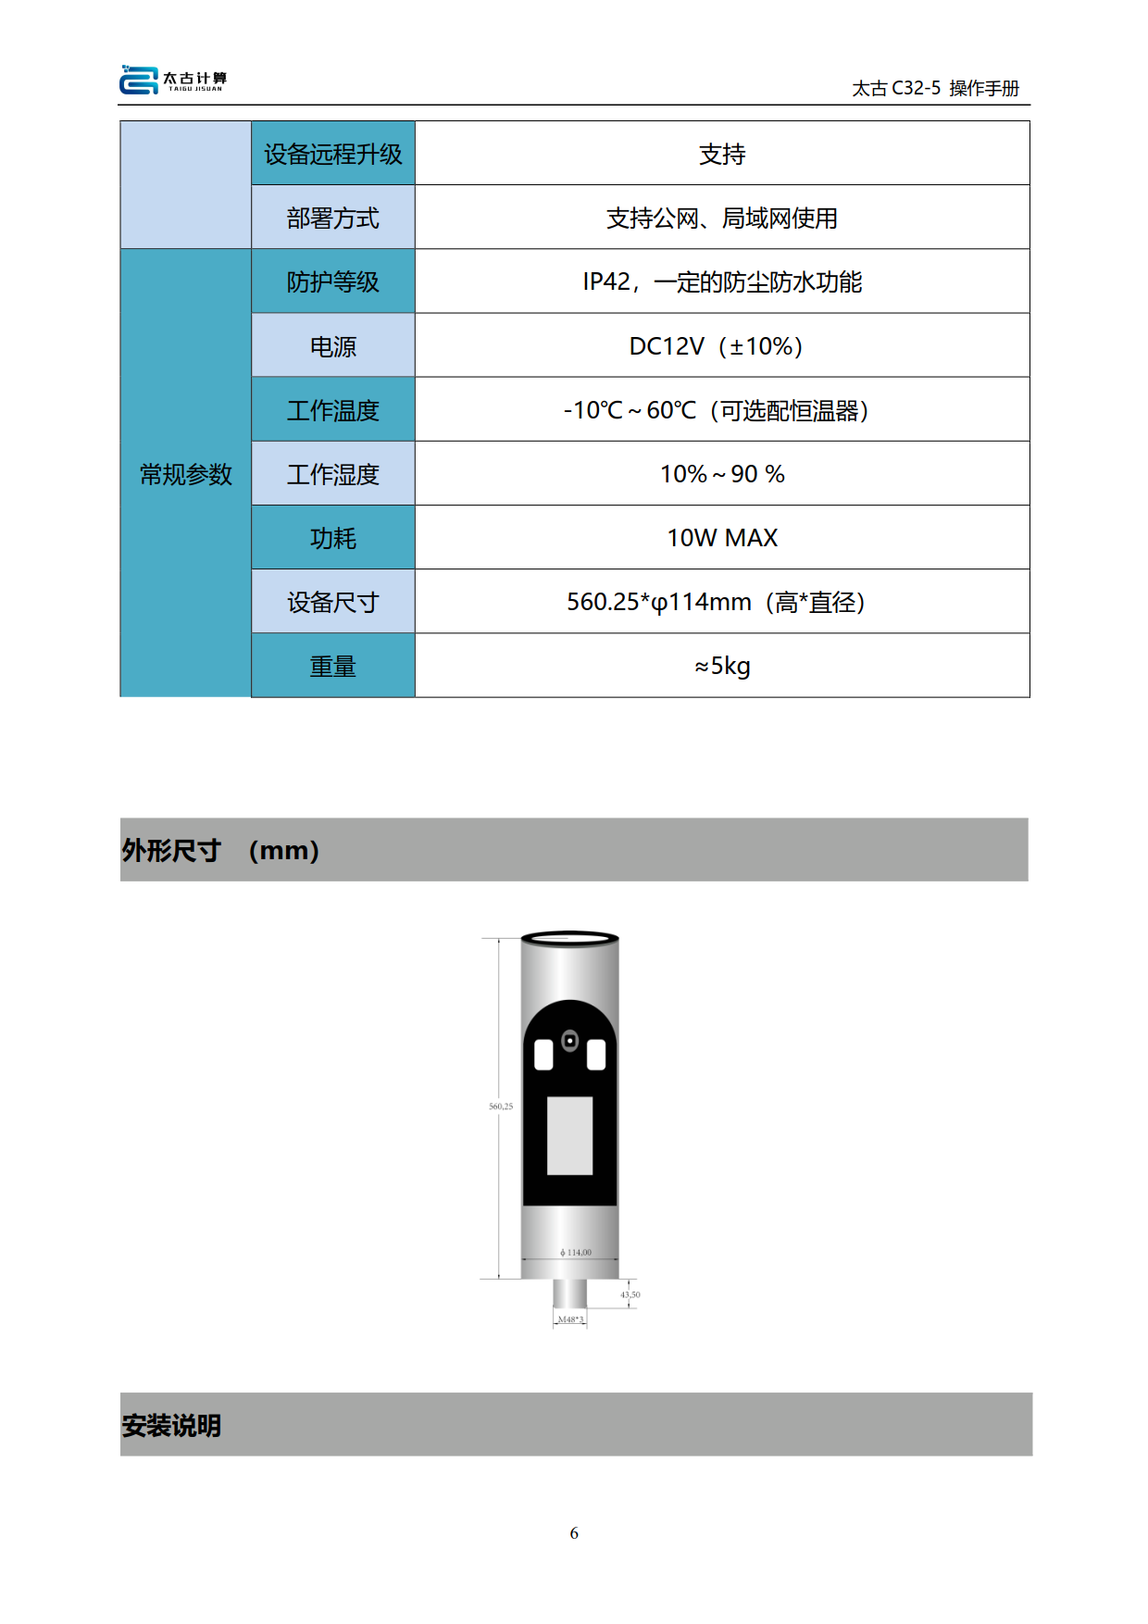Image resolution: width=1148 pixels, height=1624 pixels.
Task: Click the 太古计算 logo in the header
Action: point(173,80)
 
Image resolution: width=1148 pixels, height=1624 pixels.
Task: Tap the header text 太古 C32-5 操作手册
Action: point(935,88)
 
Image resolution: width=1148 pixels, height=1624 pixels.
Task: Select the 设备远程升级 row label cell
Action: point(333,154)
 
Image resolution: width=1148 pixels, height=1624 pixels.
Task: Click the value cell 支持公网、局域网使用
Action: point(722,218)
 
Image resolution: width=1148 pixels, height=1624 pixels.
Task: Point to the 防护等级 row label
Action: point(333,281)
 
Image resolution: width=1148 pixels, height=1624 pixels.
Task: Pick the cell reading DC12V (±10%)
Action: point(722,345)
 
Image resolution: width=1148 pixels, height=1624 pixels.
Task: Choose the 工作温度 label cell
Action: point(333,409)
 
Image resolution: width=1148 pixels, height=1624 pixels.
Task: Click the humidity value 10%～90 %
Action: point(722,474)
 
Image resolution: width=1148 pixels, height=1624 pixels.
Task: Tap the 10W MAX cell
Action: point(722,537)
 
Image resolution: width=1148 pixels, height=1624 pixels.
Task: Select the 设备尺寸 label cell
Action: point(333,602)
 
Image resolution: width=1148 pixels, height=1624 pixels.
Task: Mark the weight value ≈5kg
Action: point(722,666)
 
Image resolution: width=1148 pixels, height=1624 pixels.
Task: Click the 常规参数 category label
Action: point(186,474)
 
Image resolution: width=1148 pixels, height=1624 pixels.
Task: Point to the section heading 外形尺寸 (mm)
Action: point(220,850)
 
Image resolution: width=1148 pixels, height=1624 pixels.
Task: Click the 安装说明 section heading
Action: point(171,1425)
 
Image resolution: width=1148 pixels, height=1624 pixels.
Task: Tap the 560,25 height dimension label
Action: point(501,1106)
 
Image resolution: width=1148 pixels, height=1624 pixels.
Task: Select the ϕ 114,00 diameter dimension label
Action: point(576,1253)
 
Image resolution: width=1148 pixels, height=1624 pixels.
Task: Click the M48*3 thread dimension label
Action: point(570,1319)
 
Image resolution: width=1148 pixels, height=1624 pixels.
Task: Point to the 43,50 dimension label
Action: point(630,1294)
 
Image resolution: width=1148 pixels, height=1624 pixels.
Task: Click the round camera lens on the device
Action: point(570,1041)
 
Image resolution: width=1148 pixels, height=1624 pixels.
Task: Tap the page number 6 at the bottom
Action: point(574,1533)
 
